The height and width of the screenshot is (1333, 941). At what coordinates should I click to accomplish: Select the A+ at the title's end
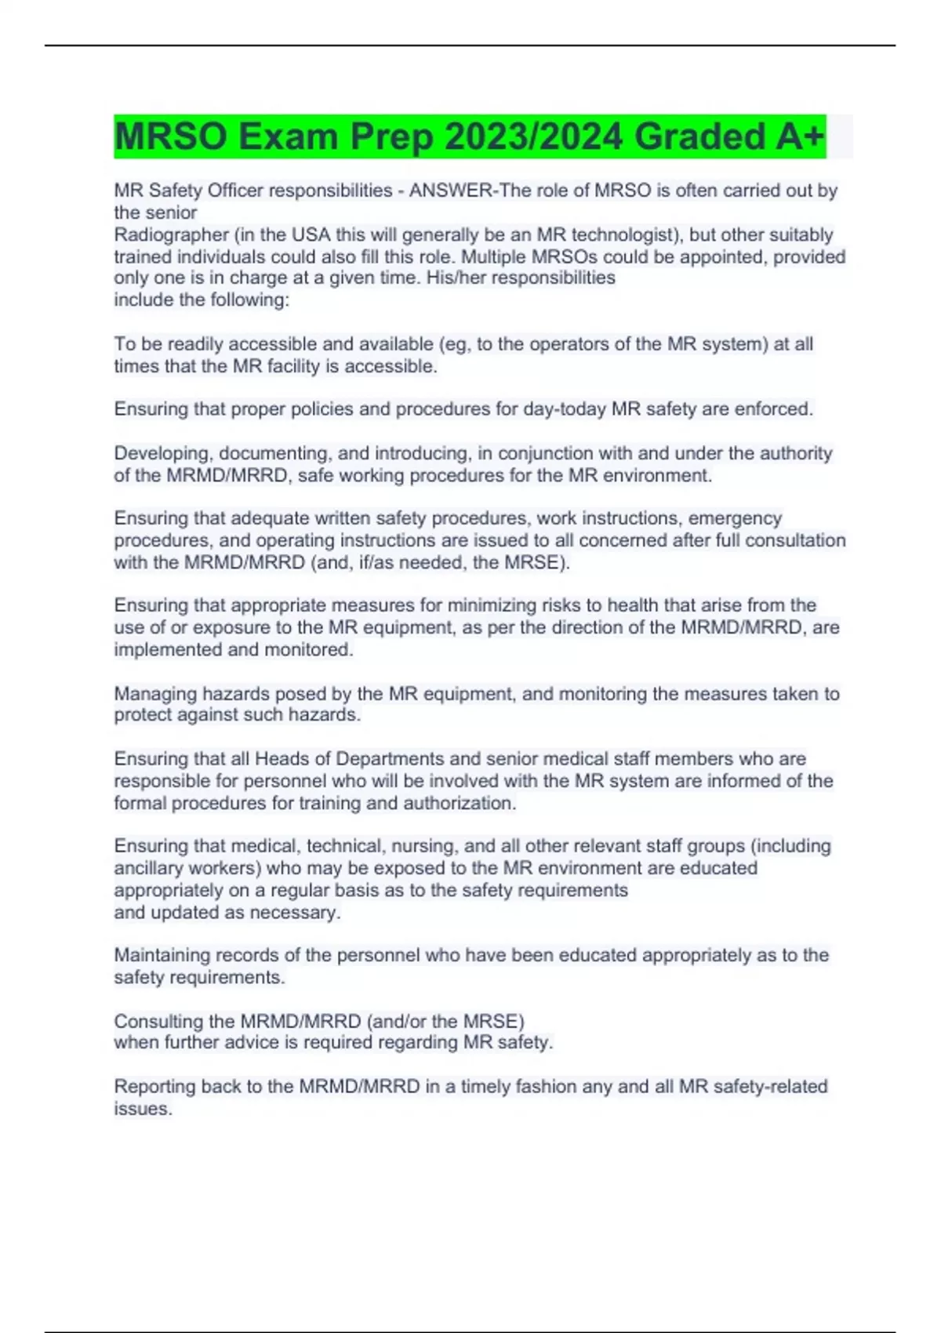pyautogui.click(x=800, y=136)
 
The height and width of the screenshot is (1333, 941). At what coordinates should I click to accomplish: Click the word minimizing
pyautogui.click(x=495, y=605)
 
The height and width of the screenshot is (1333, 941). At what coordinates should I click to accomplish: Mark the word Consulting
pyautogui.click(x=159, y=1022)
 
